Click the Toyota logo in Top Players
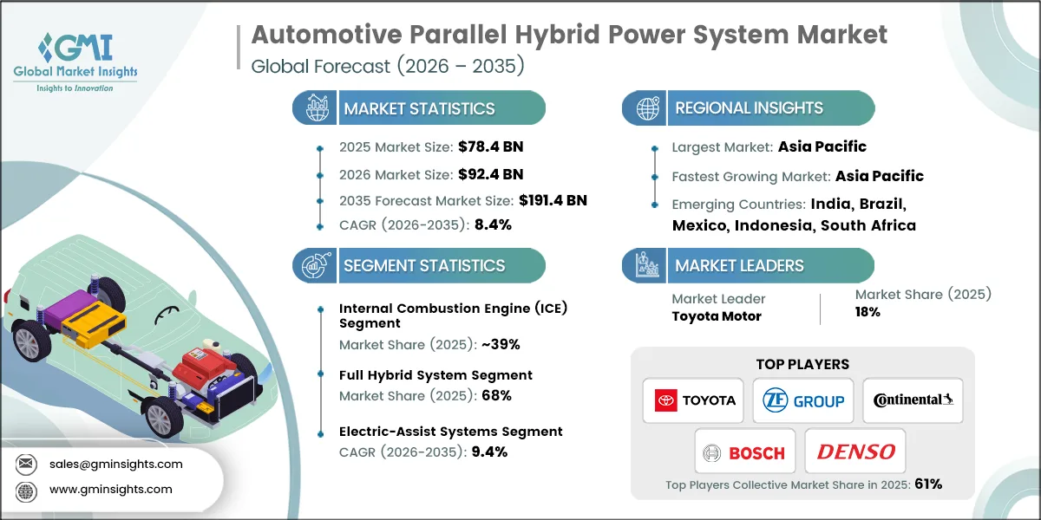[x=693, y=400]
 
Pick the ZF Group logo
[x=802, y=400]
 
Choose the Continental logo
[x=913, y=400]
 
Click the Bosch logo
[x=744, y=452]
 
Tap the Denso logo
[x=855, y=452]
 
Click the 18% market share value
[x=867, y=312]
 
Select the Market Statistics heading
[x=419, y=108]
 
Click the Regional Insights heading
[x=749, y=108]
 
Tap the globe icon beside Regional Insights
[x=646, y=108]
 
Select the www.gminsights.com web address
[x=111, y=489]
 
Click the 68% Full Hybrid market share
[x=498, y=395]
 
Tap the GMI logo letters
[x=88, y=48]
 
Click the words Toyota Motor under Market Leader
[x=717, y=315]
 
